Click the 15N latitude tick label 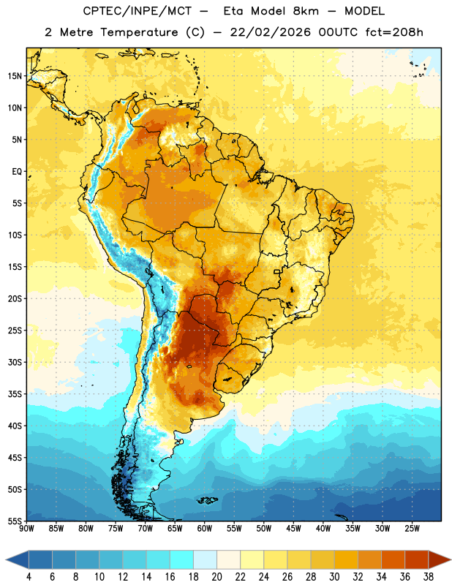(15, 76)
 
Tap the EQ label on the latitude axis (17, 172)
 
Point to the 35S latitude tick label (15, 394)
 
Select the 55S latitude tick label (15, 521)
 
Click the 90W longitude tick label (26, 529)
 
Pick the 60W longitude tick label (205, 529)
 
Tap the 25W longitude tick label (412, 529)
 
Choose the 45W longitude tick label (293, 529)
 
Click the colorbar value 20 (216, 577)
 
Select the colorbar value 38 (428, 577)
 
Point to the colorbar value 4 (29, 577)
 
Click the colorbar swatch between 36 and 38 (417, 559)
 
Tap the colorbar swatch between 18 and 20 (205, 559)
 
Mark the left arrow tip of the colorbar (6, 559)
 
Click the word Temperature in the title (139, 32)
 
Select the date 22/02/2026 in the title (270, 32)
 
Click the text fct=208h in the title (394, 32)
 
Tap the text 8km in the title (306, 11)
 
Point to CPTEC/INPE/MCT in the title (138, 11)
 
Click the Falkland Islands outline (207, 500)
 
